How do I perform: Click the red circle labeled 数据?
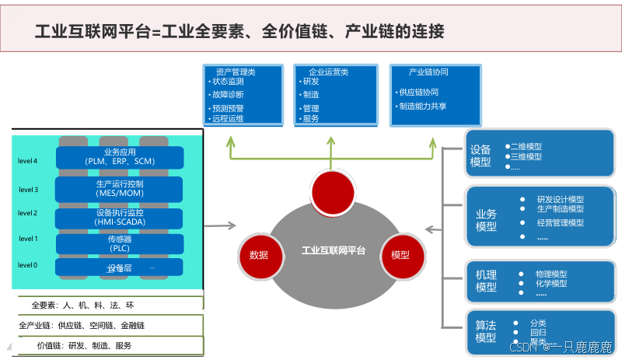259,255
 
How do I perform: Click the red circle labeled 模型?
400,255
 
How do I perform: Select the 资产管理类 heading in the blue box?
236,72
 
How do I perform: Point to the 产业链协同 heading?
428,72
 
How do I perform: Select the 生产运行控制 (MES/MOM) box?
119,188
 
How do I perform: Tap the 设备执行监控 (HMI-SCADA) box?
119,217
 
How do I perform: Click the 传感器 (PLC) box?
119,243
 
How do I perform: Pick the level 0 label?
28,265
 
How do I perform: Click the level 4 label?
28,161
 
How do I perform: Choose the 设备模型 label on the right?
480,156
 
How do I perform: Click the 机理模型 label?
486,281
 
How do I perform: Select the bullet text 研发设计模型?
560,199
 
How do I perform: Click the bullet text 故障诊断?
227,94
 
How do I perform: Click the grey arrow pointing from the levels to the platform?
220,226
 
